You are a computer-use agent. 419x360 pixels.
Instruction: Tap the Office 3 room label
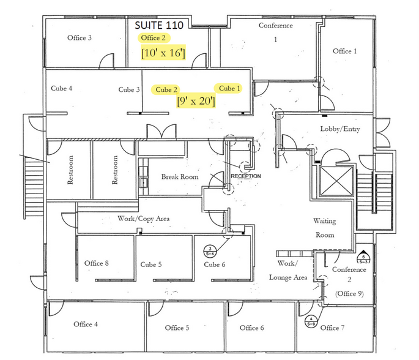(x=80, y=38)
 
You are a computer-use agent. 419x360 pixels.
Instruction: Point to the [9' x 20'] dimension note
(x=195, y=102)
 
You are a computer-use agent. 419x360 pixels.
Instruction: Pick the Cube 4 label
(x=62, y=89)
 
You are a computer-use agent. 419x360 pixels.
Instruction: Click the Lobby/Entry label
(x=340, y=129)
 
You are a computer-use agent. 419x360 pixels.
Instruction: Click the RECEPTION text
(x=246, y=176)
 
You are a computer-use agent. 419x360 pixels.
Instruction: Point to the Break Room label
(x=180, y=177)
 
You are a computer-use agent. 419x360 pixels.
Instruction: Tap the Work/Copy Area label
(x=143, y=219)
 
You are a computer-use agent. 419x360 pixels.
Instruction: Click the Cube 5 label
(x=151, y=264)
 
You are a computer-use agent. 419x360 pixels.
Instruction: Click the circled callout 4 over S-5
(x=311, y=320)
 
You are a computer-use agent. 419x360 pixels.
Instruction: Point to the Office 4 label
(x=86, y=324)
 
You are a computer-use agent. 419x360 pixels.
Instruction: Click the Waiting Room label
(x=325, y=228)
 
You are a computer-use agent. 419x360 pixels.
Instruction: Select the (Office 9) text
(x=349, y=293)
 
